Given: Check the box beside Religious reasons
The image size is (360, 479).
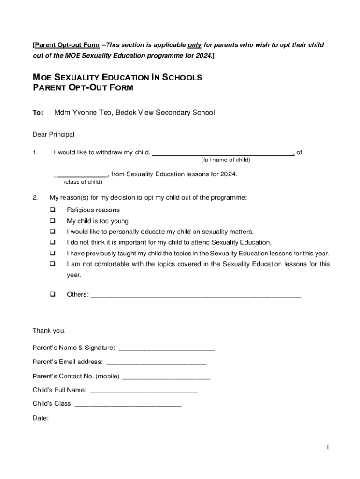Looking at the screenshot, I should click(53, 210).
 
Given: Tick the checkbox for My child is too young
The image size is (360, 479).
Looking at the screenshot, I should click(53, 221).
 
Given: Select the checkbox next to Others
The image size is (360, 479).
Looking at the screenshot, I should click(53, 294).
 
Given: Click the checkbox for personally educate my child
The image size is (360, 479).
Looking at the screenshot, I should click(53, 232).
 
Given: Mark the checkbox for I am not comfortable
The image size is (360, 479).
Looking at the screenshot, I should click(53, 264).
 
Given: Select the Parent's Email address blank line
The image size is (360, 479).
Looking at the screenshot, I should click(156, 362).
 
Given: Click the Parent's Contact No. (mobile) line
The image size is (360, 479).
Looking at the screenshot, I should click(166, 376).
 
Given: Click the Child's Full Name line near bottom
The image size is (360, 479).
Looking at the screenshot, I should click(144, 390).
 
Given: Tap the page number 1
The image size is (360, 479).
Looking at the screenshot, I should click(328, 447).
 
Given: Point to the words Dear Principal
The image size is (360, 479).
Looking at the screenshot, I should click(53, 135).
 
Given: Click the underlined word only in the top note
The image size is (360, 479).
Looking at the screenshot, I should click(194, 45).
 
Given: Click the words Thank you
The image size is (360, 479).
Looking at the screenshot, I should click(49, 331).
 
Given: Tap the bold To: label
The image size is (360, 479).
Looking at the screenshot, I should click(37, 112).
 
